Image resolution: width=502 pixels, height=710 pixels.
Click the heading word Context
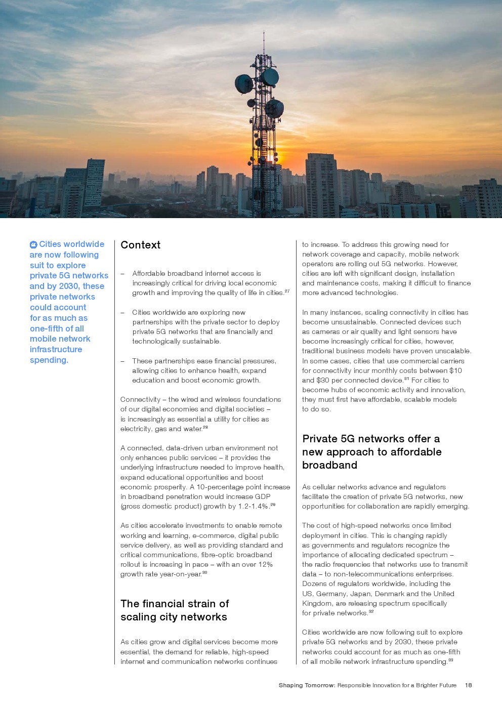point(140,245)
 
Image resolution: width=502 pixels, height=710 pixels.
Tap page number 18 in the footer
point(469,685)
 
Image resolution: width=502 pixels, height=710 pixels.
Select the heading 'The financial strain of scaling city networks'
point(174,610)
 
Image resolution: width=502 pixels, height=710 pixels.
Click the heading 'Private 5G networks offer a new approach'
point(371,451)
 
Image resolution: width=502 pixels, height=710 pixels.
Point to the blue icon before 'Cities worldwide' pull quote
point(33,244)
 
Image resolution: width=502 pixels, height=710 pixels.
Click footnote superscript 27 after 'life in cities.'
point(287,291)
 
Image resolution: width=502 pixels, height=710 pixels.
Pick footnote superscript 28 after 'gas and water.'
point(205,427)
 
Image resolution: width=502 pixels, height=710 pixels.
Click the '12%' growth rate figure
point(266,564)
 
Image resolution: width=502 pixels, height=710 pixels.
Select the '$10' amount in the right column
point(455,370)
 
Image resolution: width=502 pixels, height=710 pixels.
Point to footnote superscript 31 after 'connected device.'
point(407,379)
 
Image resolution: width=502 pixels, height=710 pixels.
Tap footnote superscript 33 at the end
point(450,660)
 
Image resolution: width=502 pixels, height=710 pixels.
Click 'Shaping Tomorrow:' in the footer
point(307,685)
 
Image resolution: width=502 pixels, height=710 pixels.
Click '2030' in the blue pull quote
point(69,286)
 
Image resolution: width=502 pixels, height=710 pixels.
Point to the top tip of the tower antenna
point(264,32)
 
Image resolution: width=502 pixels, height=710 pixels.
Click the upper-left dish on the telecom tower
point(244,83)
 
